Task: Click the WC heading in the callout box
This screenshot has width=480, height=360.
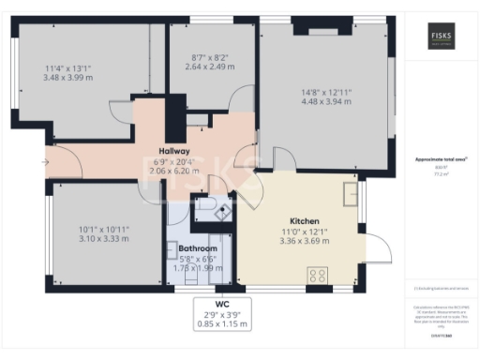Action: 222,303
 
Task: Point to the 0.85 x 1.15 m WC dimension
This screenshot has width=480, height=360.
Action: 222,323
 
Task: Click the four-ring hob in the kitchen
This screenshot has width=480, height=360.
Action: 317,276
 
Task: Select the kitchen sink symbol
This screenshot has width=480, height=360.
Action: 351,193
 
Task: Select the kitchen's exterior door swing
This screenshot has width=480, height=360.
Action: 380,246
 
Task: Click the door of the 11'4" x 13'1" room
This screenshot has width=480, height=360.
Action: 122,113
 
